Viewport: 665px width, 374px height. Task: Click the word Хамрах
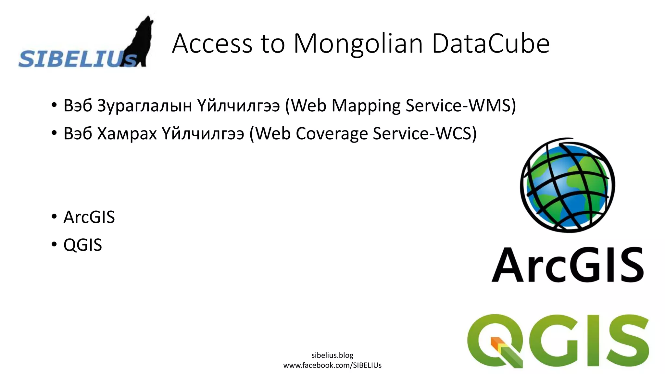tap(127, 133)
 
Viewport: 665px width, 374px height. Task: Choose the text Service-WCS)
tap(425, 133)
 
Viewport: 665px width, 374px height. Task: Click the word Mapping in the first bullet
tap(366, 106)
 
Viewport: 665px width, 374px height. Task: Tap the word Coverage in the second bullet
tap(332, 133)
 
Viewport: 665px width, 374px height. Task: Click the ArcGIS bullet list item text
tap(89, 217)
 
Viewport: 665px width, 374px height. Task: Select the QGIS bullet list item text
tap(82, 245)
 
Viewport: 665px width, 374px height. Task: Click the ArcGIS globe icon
tap(567, 185)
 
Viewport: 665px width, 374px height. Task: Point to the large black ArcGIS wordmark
tap(567, 265)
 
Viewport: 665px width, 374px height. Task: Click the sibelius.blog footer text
tap(332, 355)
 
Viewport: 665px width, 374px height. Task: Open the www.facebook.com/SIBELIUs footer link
tap(332, 365)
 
